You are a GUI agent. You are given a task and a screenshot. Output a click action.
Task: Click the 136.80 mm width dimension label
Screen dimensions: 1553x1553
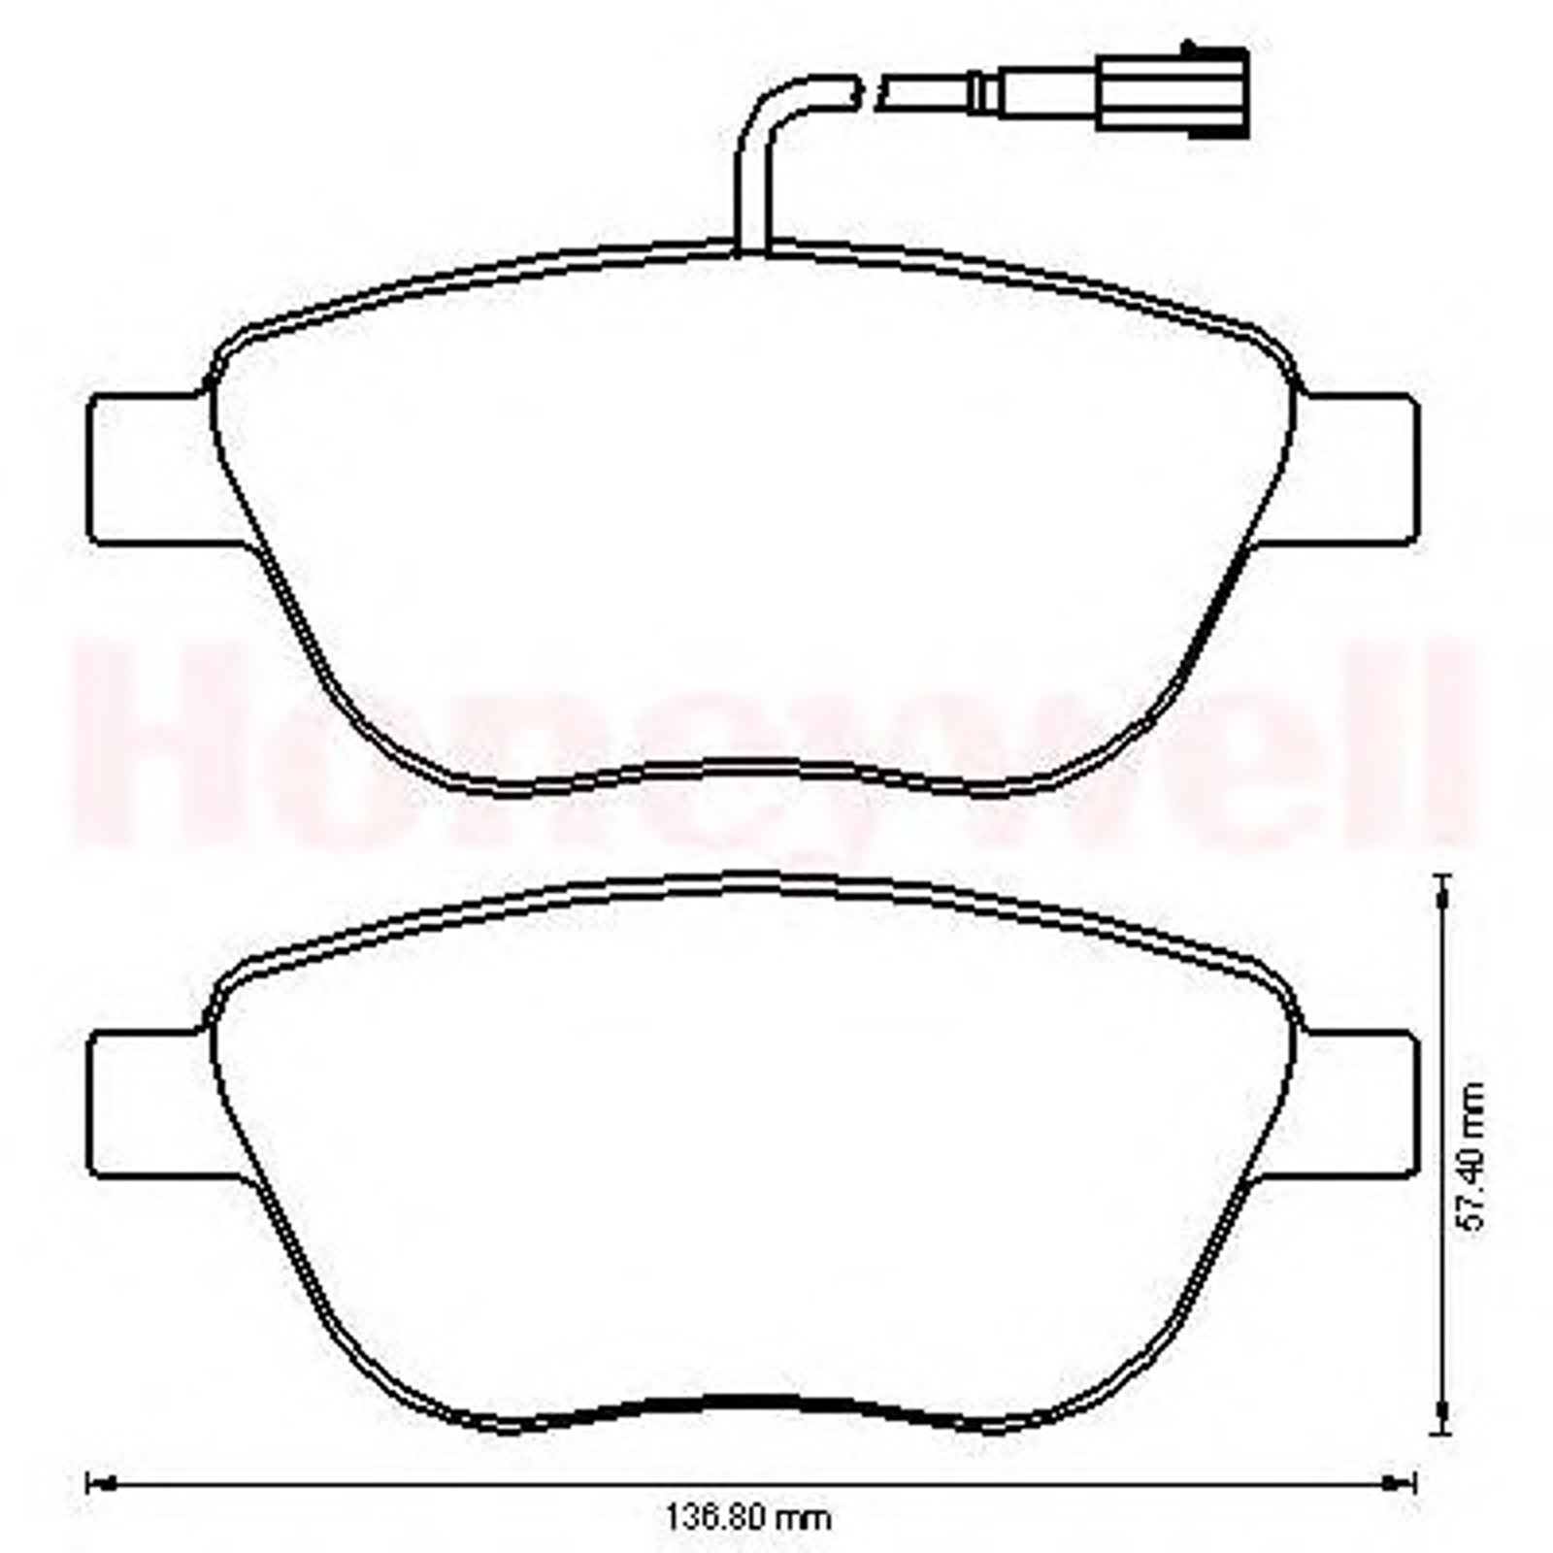pos(747,1516)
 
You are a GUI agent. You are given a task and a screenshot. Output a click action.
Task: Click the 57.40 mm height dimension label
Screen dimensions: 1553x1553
pos(1473,1156)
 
